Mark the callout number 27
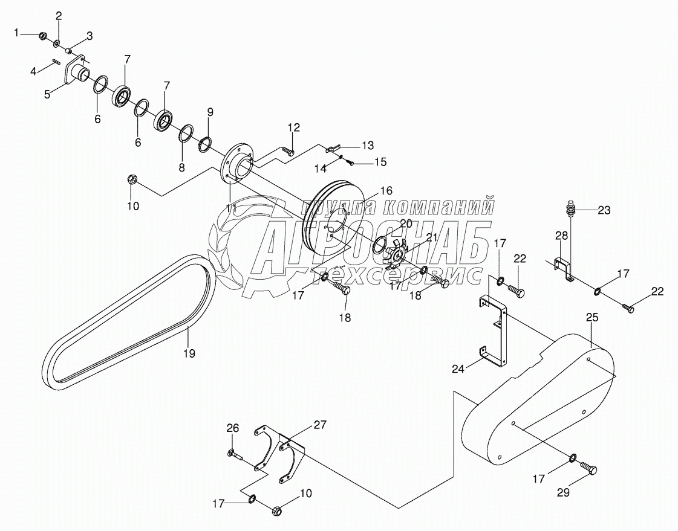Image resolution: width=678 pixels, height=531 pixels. [319, 425]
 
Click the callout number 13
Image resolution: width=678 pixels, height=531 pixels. [368, 145]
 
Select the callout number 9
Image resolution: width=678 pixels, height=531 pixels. [210, 112]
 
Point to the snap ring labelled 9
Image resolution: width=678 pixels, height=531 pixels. [205, 144]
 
